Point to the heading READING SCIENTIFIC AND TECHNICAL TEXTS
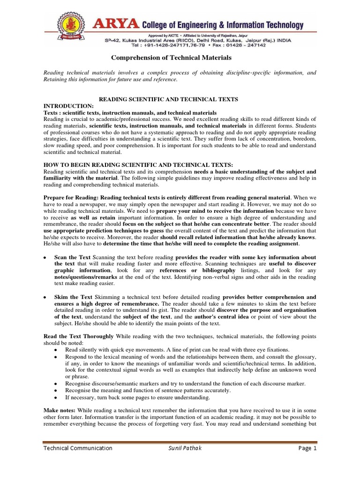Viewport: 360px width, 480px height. [167, 99]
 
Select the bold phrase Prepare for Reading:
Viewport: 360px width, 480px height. [71, 198]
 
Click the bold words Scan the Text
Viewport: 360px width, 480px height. [73, 258]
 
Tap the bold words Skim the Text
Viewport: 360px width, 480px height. [73, 297]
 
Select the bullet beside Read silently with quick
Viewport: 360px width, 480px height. [56, 350]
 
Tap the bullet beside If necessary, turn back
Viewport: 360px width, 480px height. [56, 397]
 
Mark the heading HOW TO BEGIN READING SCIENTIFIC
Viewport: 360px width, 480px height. [138, 165]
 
